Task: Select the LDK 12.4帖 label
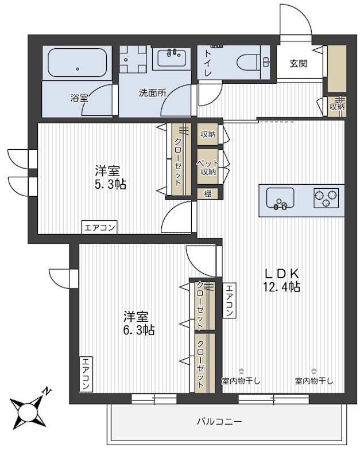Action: click(x=281, y=279)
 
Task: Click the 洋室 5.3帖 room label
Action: click(x=111, y=177)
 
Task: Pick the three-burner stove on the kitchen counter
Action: click(x=326, y=198)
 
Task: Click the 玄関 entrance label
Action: click(x=298, y=63)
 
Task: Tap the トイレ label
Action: click(x=205, y=65)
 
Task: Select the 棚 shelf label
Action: click(x=207, y=194)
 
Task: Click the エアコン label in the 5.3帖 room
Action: click(x=100, y=227)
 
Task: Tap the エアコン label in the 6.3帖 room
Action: click(x=86, y=374)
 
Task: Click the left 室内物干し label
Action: click(x=241, y=380)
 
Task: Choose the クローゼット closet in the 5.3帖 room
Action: click(x=178, y=161)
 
